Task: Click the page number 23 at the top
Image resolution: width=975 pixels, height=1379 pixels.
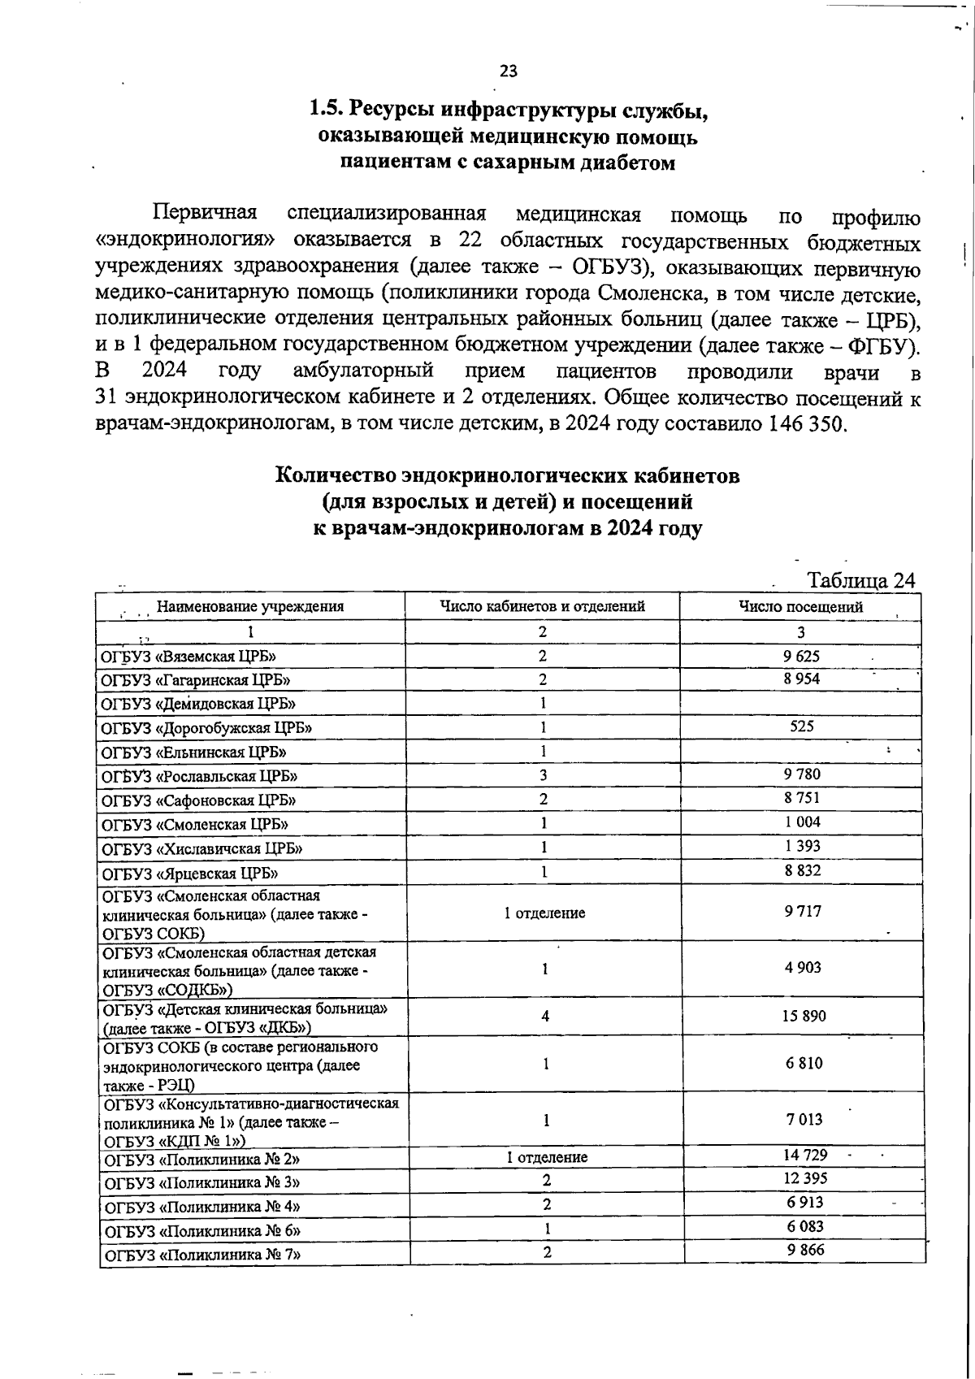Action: tap(509, 71)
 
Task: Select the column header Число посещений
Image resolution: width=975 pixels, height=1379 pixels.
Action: tap(800, 606)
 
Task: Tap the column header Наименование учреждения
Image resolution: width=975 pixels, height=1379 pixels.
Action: tap(249, 606)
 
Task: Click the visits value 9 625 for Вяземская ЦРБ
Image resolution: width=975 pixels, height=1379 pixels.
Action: tap(802, 655)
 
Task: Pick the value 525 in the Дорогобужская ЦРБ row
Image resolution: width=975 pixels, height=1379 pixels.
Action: tap(802, 726)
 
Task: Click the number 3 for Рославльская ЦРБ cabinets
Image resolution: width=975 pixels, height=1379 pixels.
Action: tap(543, 775)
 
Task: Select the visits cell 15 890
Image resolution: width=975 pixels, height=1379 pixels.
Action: tap(803, 1016)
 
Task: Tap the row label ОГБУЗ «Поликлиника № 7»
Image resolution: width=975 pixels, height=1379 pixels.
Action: tap(201, 1254)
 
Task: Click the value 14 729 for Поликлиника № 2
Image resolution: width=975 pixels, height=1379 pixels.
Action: tap(804, 1155)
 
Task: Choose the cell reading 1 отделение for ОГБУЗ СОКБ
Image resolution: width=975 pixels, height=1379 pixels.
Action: tap(544, 913)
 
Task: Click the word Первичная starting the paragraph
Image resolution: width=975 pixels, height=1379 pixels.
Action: tap(205, 215)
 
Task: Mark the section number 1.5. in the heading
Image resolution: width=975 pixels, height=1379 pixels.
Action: tap(329, 108)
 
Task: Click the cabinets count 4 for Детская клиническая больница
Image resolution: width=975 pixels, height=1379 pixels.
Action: tap(545, 1016)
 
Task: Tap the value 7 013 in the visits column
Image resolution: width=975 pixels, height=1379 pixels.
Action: tap(804, 1119)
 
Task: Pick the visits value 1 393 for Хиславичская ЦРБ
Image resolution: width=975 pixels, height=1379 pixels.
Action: tap(802, 846)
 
